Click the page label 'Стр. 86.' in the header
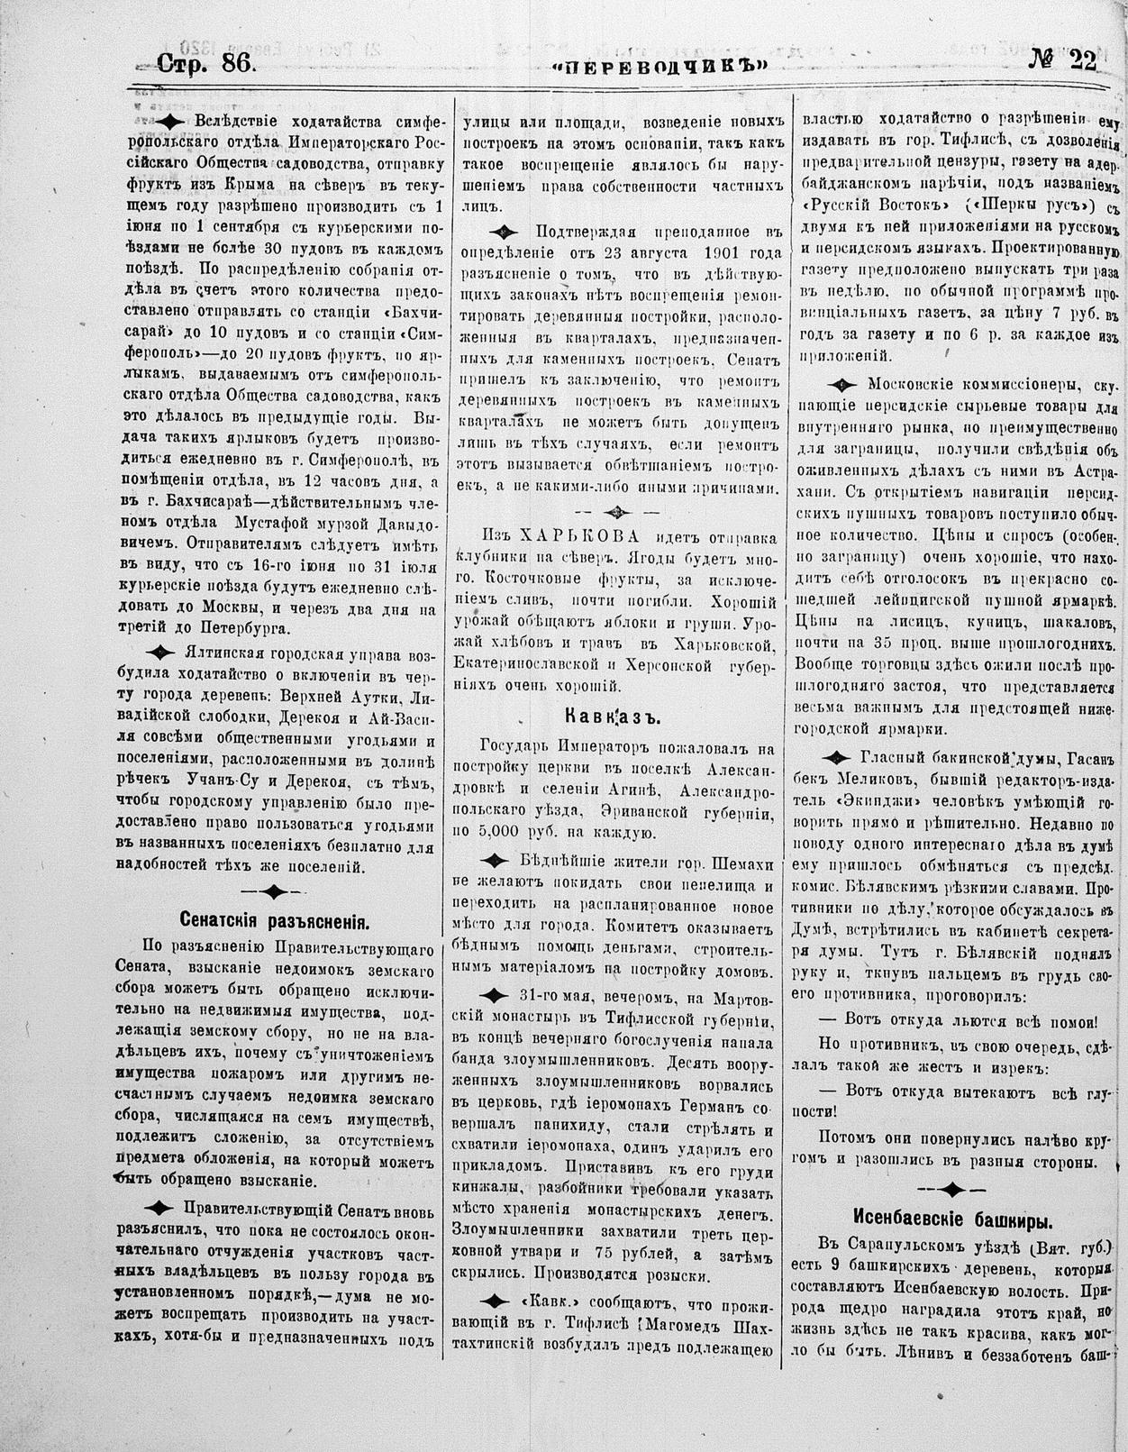(206, 62)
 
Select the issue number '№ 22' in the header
(1063, 60)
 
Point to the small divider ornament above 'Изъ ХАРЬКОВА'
(617, 511)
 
